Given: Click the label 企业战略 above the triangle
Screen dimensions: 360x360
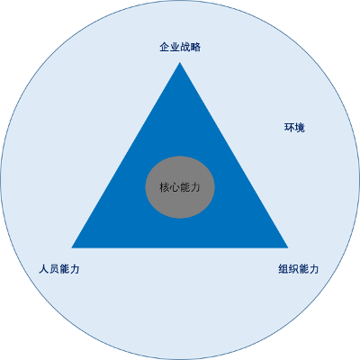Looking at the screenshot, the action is (x=180, y=47).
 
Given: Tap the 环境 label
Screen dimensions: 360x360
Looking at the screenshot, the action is (x=294, y=128).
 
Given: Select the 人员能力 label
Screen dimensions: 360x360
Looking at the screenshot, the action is (x=59, y=269).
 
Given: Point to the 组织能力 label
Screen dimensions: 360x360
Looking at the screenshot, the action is (x=299, y=269).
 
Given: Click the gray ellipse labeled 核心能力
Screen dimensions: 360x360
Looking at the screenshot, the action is (x=180, y=187).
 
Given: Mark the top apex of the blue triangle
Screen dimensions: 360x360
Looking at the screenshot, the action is (x=180, y=62).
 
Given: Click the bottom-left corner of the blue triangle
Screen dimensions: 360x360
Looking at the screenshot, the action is (x=72, y=247).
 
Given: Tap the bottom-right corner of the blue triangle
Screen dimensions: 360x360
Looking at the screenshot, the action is (x=288, y=247).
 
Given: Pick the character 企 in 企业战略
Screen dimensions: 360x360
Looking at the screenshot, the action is (x=165, y=47).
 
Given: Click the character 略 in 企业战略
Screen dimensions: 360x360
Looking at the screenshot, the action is (x=195, y=47).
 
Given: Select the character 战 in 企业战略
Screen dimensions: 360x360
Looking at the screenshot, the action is (x=185, y=47).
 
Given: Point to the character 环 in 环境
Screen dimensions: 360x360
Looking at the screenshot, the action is (x=289, y=128).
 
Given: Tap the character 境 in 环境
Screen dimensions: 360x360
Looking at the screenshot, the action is (x=300, y=128).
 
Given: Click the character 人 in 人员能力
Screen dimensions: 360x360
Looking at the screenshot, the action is (x=44, y=269).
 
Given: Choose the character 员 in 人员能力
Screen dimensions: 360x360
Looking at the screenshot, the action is (x=54, y=269).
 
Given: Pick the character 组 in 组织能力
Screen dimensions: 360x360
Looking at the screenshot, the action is (x=283, y=269).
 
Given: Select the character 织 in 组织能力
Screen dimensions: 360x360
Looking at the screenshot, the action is (x=293, y=269).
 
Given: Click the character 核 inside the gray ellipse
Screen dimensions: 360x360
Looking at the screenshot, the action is (x=165, y=187).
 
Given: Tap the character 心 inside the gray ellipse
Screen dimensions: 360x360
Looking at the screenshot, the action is (x=175, y=187).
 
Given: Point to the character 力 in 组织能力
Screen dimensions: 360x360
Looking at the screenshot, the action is (x=314, y=269).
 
